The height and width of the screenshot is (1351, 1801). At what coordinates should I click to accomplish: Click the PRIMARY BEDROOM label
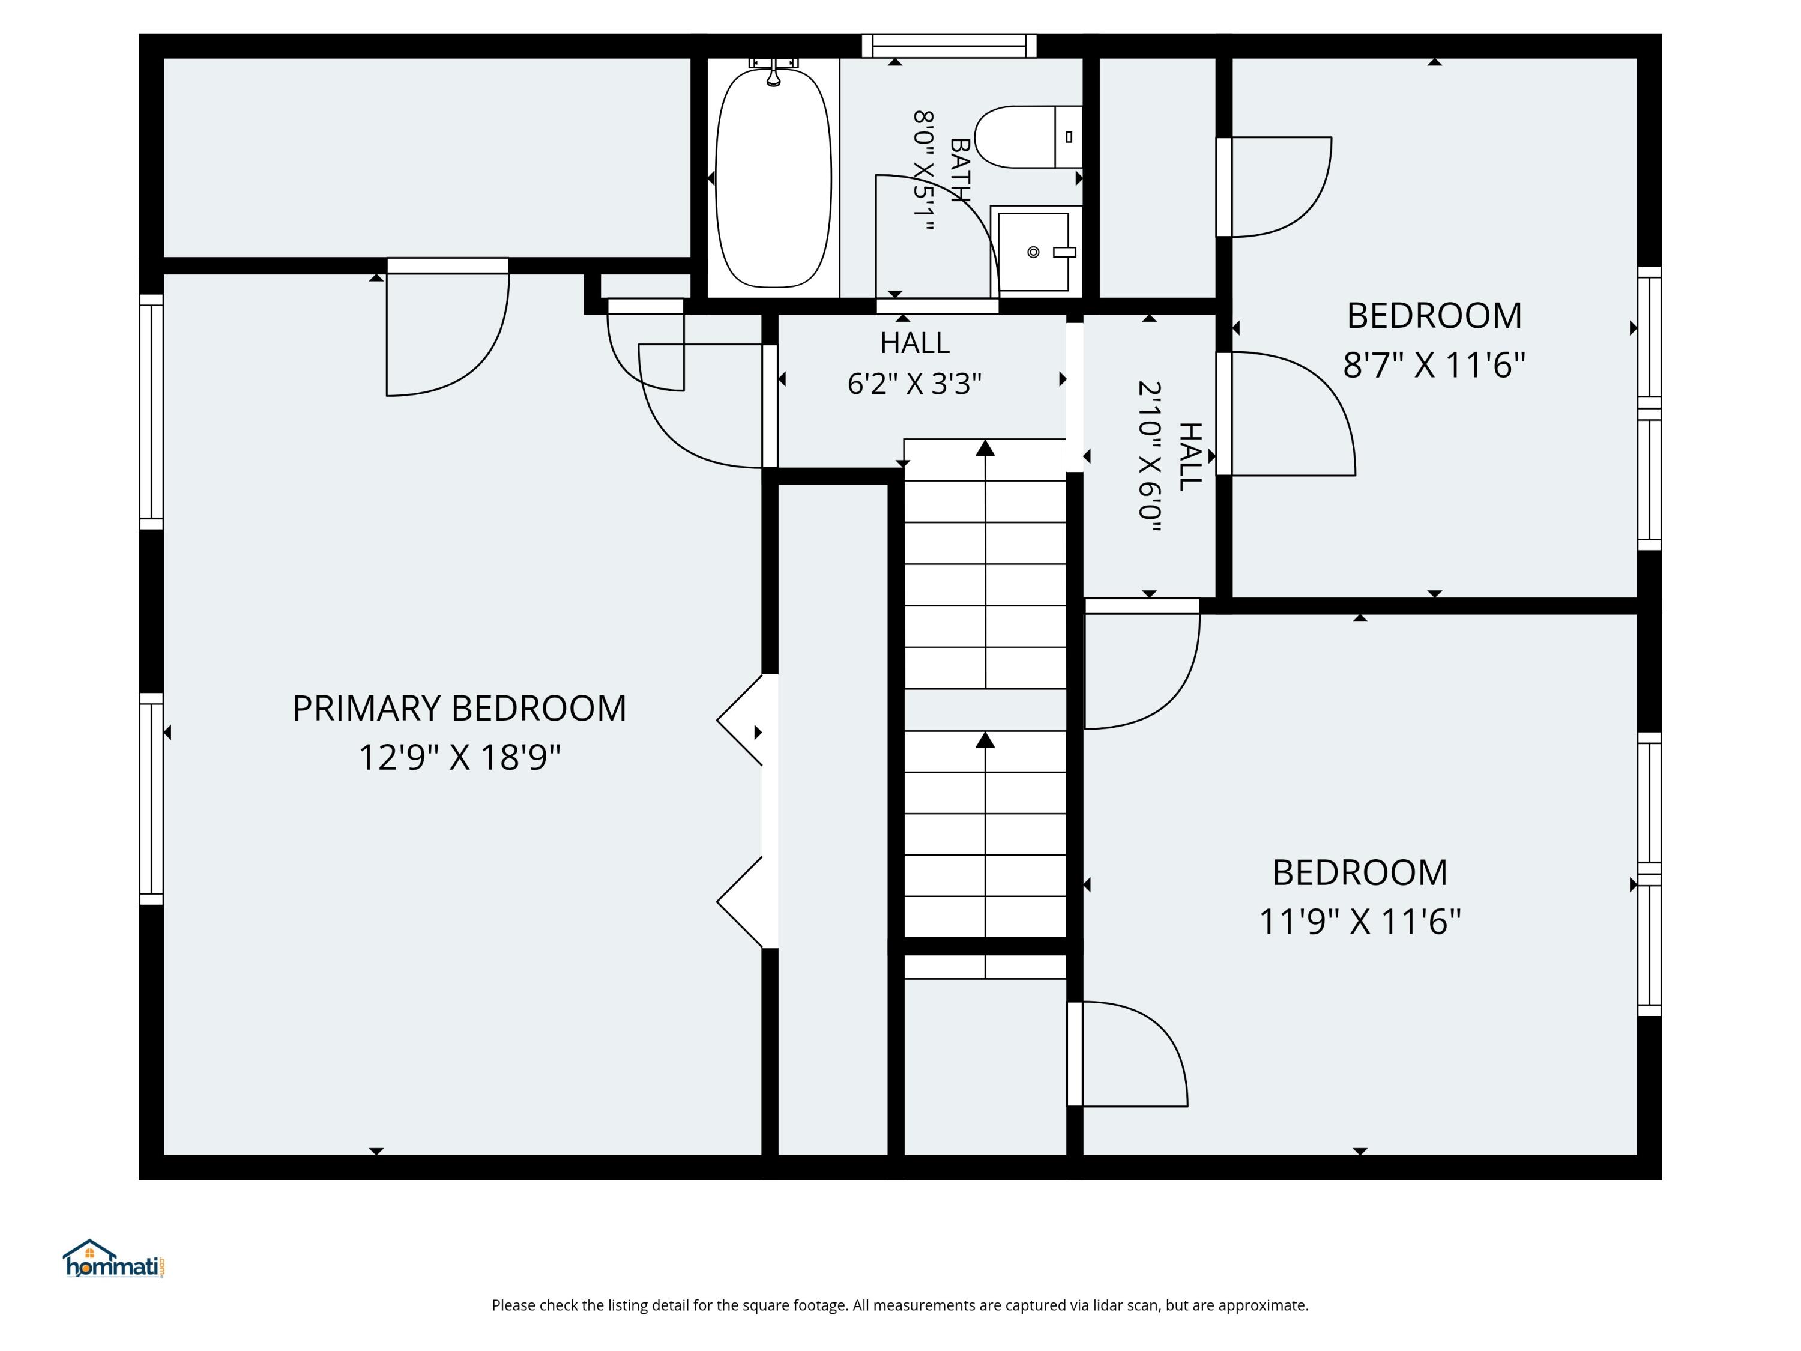[459, 709]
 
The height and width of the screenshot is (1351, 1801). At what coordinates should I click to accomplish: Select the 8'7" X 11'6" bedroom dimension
[1434, 365]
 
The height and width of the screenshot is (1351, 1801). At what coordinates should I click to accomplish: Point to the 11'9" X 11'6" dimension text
[1360, 922]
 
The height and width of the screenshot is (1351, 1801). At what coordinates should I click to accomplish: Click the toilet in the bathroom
[1028, 137]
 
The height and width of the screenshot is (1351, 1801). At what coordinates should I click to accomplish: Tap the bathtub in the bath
[773, 178]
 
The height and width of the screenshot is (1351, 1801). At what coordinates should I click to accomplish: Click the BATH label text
[961, 170]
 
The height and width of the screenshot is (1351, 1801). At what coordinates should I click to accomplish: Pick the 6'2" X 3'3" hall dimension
[914, 384]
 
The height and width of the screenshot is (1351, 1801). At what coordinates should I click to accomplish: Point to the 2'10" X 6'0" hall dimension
[1150, 456]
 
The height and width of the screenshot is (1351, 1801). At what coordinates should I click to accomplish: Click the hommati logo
[114, 1259]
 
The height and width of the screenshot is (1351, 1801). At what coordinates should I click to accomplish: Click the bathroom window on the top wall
[949, 46]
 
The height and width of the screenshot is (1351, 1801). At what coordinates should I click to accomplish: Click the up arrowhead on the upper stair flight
[985, 448]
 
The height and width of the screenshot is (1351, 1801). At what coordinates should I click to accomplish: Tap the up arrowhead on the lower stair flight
[985, 739]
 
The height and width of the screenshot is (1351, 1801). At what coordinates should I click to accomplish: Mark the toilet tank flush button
[1068, 137]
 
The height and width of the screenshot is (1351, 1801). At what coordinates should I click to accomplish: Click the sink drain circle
[1033, 252]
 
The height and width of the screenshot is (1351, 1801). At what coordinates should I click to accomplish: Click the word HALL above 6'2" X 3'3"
[914, 343]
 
